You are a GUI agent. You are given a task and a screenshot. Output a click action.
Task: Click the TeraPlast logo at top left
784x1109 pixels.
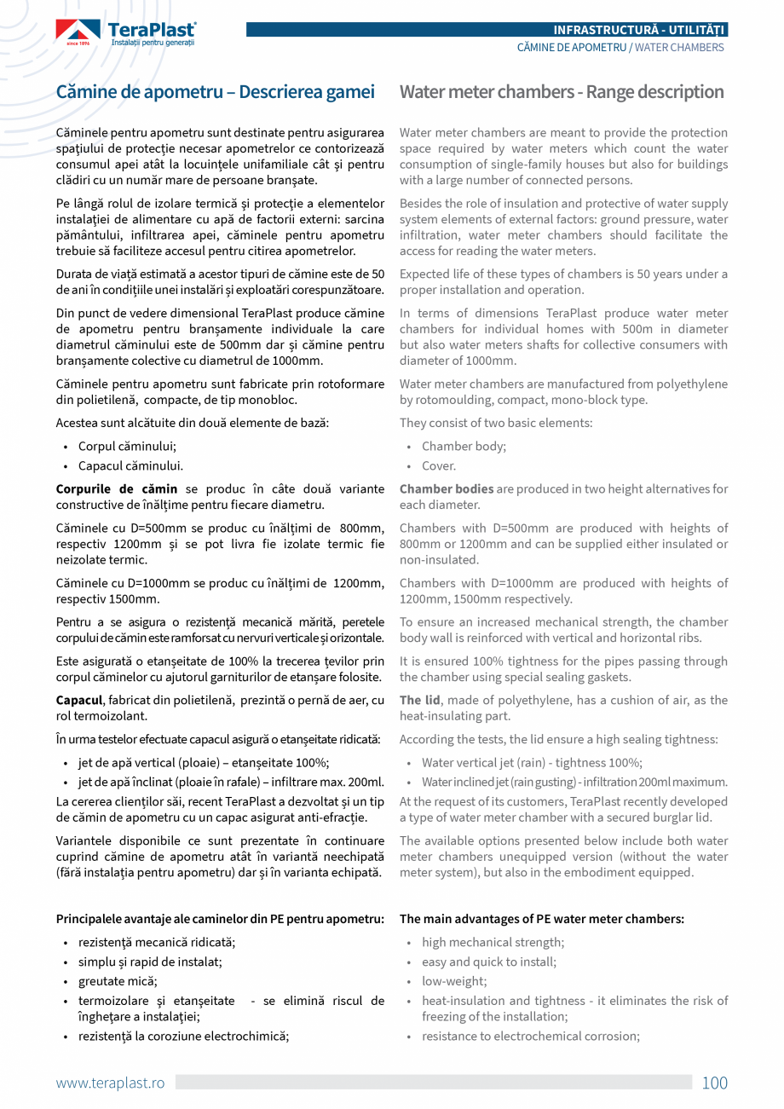(126, 33)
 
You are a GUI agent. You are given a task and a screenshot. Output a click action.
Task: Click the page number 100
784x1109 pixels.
(714, 1083)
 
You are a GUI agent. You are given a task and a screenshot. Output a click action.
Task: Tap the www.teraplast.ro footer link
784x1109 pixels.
(110, 1083)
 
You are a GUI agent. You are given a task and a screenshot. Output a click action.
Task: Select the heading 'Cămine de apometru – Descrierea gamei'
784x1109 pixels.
(215, 92)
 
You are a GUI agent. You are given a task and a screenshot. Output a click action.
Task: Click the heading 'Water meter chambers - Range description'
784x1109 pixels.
(562, 92)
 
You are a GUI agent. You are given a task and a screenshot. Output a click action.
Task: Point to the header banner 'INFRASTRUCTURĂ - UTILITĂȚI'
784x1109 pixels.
(639, 30)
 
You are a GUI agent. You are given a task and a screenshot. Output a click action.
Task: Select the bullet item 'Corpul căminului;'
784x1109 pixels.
(128, 446)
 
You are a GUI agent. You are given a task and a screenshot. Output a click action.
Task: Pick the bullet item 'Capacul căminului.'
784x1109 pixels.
(130, 465)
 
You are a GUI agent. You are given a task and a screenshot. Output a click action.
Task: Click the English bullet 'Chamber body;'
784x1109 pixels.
(464, 446)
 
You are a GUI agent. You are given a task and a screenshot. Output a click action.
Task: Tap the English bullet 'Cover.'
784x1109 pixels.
(439, 465)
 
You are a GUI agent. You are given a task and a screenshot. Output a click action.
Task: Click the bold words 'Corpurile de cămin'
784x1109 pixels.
(117, 488)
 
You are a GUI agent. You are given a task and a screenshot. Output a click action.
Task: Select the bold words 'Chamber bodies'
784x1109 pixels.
(447, 488)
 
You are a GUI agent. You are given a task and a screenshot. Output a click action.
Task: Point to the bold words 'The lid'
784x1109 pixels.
(420, 700)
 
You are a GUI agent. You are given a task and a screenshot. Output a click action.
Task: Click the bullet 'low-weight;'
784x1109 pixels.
(454, 981)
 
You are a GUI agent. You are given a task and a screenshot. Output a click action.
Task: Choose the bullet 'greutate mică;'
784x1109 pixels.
(118, 981)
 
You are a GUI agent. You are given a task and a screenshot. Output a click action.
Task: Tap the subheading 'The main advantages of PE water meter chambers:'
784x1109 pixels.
(542, 919)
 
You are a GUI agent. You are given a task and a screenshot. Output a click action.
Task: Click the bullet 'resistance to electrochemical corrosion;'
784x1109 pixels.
(530, 1036)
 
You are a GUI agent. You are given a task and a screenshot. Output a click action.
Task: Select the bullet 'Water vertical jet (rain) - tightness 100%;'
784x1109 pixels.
(532, 763)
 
